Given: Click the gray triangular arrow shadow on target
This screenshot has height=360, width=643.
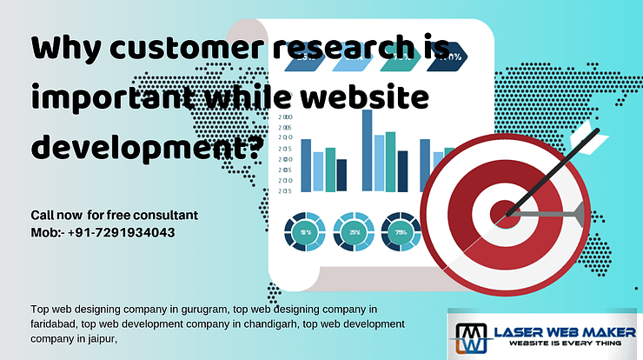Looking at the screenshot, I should point(560,210).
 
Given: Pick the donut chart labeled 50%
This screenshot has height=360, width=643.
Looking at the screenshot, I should point(306,233).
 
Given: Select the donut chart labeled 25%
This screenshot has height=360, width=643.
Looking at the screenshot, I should point(355,233).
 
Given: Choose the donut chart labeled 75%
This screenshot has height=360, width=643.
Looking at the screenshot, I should point(401,233).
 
